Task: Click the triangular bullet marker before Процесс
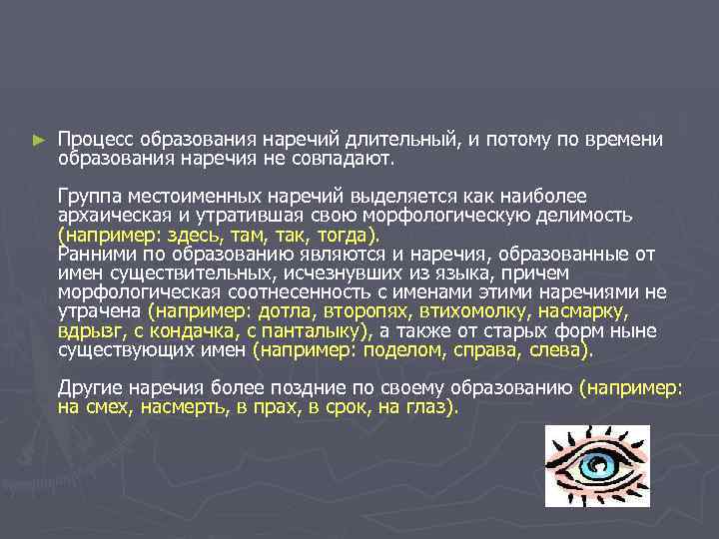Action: tap(38, 142)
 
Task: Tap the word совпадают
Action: tap(349, 158)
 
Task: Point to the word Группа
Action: tap(88, 196)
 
